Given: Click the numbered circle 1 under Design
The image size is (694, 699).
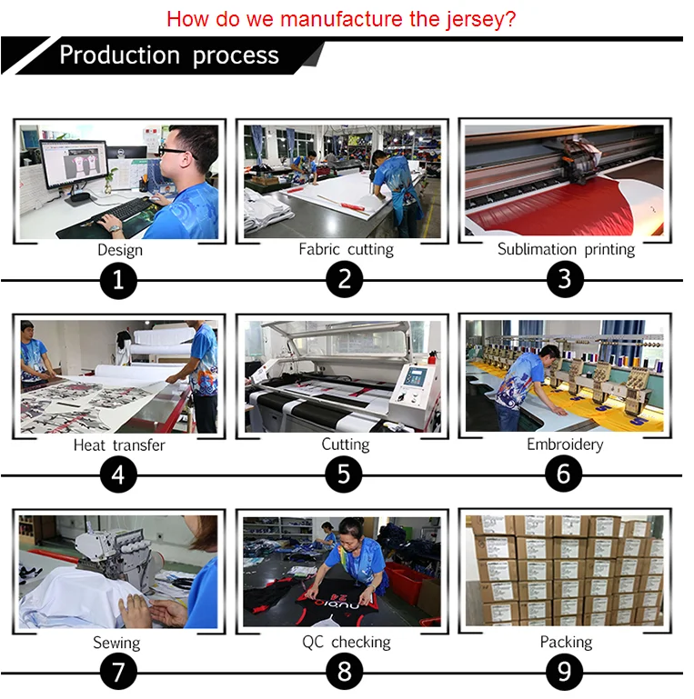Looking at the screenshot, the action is (x=118, y=280).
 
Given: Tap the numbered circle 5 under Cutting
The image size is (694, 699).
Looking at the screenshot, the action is (x=344, y=474).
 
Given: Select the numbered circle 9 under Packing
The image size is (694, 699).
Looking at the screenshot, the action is (x=565, y=672).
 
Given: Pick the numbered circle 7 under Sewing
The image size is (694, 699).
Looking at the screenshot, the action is (x=118, y=672).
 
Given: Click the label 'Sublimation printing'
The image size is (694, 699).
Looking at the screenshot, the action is (x=566, y=249).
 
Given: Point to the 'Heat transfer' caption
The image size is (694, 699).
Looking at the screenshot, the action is (x=119, y=444).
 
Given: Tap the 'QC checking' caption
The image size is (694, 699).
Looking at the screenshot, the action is (x=347, y=642).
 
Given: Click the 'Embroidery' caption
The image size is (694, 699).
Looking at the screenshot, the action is (x=565, y=444).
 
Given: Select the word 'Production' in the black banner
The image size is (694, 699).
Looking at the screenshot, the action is (x=119, y=55).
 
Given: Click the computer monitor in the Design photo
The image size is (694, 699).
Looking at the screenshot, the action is (x=74, y=165).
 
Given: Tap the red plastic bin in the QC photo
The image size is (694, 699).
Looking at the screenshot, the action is (x=407, y=582).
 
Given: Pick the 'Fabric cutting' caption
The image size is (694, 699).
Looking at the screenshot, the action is (x=347, y=249).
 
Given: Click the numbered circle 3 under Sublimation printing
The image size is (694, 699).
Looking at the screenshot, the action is (x=565, y=280).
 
